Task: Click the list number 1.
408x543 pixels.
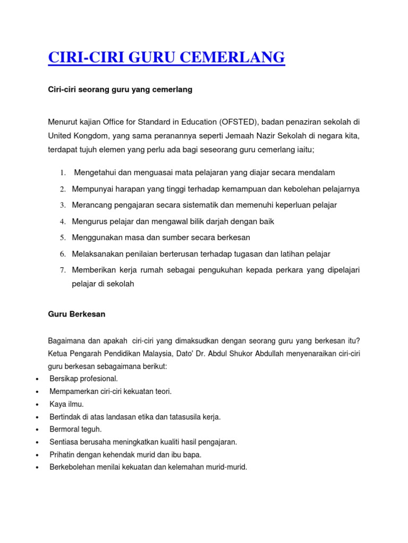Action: tap(62, 173)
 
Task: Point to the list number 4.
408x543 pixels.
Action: tap(62, 221)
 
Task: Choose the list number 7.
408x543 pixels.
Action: tap(62, 270)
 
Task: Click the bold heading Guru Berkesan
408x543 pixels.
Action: tap(76, 314)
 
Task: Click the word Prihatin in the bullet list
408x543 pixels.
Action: tap(62, 454)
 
